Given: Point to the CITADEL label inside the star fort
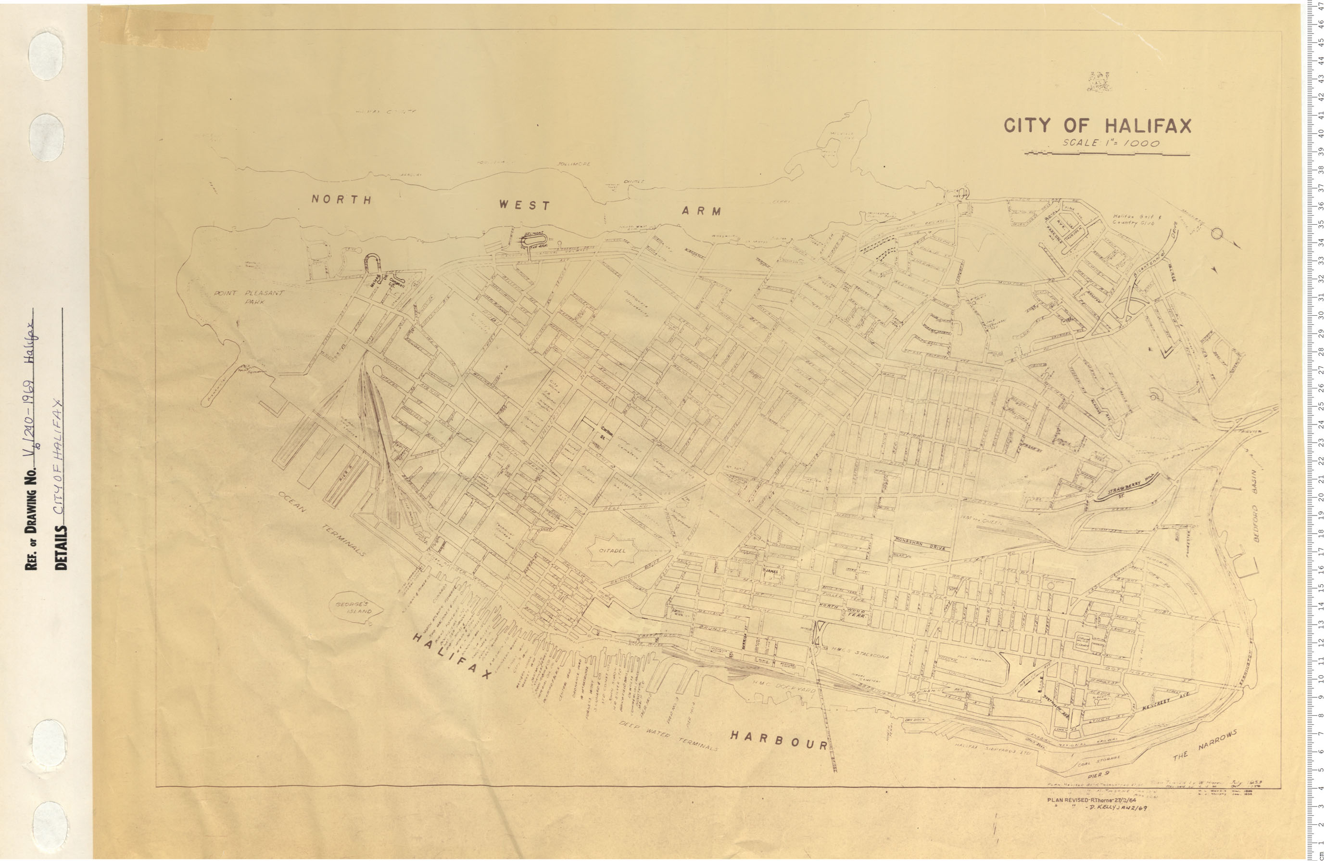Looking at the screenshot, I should [612, 551].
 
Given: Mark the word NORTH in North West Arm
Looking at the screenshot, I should [341, 200].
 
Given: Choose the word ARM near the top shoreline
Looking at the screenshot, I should [701, 211].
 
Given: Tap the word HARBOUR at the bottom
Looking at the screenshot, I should [779, 740].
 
